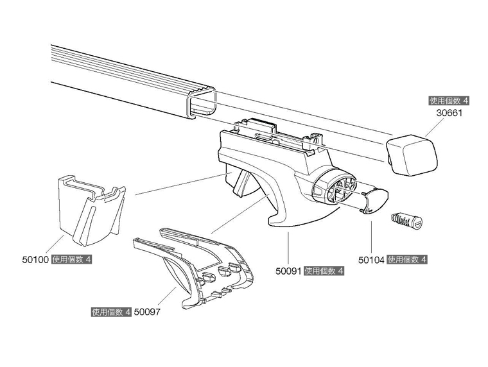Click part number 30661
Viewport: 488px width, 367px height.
(x=449, y=113)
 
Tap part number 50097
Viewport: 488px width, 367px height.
(x=146, y=312)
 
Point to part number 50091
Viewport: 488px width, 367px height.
(x=288, y=271)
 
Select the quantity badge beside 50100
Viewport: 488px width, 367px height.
(x=72, y=260)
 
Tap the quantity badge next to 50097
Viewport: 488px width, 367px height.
(x=111, y=312)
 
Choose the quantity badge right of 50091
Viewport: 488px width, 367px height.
(x=324, y=271)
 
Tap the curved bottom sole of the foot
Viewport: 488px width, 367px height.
(x=302, y=221)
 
